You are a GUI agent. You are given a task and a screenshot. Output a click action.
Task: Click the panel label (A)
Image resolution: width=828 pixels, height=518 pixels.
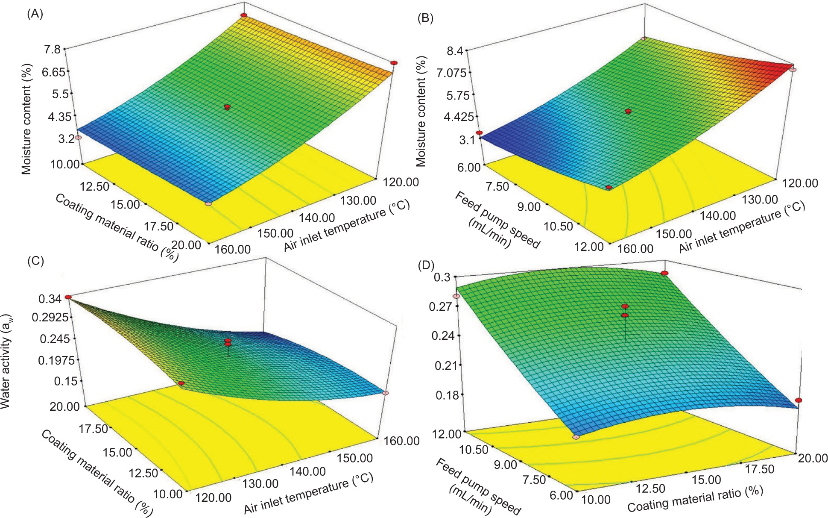point(35,14)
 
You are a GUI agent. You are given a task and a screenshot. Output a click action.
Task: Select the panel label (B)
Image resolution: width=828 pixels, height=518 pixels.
point(425,18)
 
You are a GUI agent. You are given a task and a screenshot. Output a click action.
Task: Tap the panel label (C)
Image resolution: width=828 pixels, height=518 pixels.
point(35,261)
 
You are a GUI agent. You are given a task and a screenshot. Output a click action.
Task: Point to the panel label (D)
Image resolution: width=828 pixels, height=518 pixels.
point(426,265)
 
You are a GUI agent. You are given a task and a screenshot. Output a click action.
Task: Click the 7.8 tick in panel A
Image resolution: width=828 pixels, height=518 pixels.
point(52,50)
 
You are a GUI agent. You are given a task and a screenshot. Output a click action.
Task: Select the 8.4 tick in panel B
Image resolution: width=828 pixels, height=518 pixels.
point(454,51)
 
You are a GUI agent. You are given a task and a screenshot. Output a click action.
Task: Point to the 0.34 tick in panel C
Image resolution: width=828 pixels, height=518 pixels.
point(50,299)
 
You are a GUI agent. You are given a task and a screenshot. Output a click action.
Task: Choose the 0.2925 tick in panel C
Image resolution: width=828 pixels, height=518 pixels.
point(47,318)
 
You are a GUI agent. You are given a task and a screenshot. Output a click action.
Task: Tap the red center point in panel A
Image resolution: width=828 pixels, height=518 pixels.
point(227,106)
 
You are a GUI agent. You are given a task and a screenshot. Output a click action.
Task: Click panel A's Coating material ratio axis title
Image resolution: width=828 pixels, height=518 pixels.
point(116,228)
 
